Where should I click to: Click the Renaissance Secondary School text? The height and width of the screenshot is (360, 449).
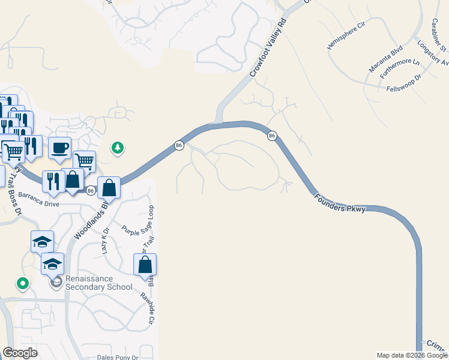[x=98, y=283]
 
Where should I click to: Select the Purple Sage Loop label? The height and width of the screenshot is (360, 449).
[x=139, y=223]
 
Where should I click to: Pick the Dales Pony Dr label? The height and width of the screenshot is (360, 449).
[x=118, y=357]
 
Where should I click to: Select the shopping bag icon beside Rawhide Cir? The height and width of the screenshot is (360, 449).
[x=145, y=264]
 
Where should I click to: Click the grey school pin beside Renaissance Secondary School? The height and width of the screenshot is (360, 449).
[x=56, y=282]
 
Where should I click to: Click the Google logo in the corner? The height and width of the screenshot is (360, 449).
[x=20, y=353]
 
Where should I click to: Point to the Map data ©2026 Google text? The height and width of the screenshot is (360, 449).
[x=412, y=355]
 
